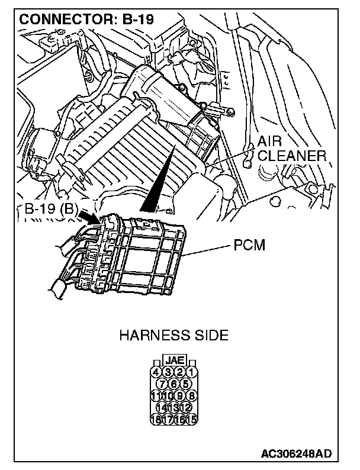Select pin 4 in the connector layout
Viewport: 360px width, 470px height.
pyautogui.click(x=157, y=372)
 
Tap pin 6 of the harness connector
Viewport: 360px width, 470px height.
pyautogui.click(x=173, y=384)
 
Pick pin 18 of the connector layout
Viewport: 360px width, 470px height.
pyautogui.click(x=157, y=419)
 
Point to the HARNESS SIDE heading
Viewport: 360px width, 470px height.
pyautogui.click(x=173, y=336)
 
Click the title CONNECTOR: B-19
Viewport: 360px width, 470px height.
pyautogui.click(x=86, y=20)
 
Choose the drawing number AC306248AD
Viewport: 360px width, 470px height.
pyautogui.click(x=296, y=454)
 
